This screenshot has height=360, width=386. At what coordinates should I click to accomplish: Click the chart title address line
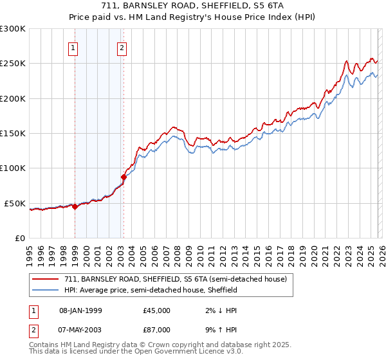click(193, 6)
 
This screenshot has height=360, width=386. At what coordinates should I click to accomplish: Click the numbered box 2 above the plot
click(122, 47)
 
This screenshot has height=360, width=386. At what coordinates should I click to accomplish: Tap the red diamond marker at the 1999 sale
click(75, 206)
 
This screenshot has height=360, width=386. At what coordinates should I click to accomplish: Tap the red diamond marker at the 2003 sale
click(124, 177)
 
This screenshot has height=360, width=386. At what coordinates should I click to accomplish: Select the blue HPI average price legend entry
click(151, 290)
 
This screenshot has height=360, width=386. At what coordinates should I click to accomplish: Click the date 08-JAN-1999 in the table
click(80, 310)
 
